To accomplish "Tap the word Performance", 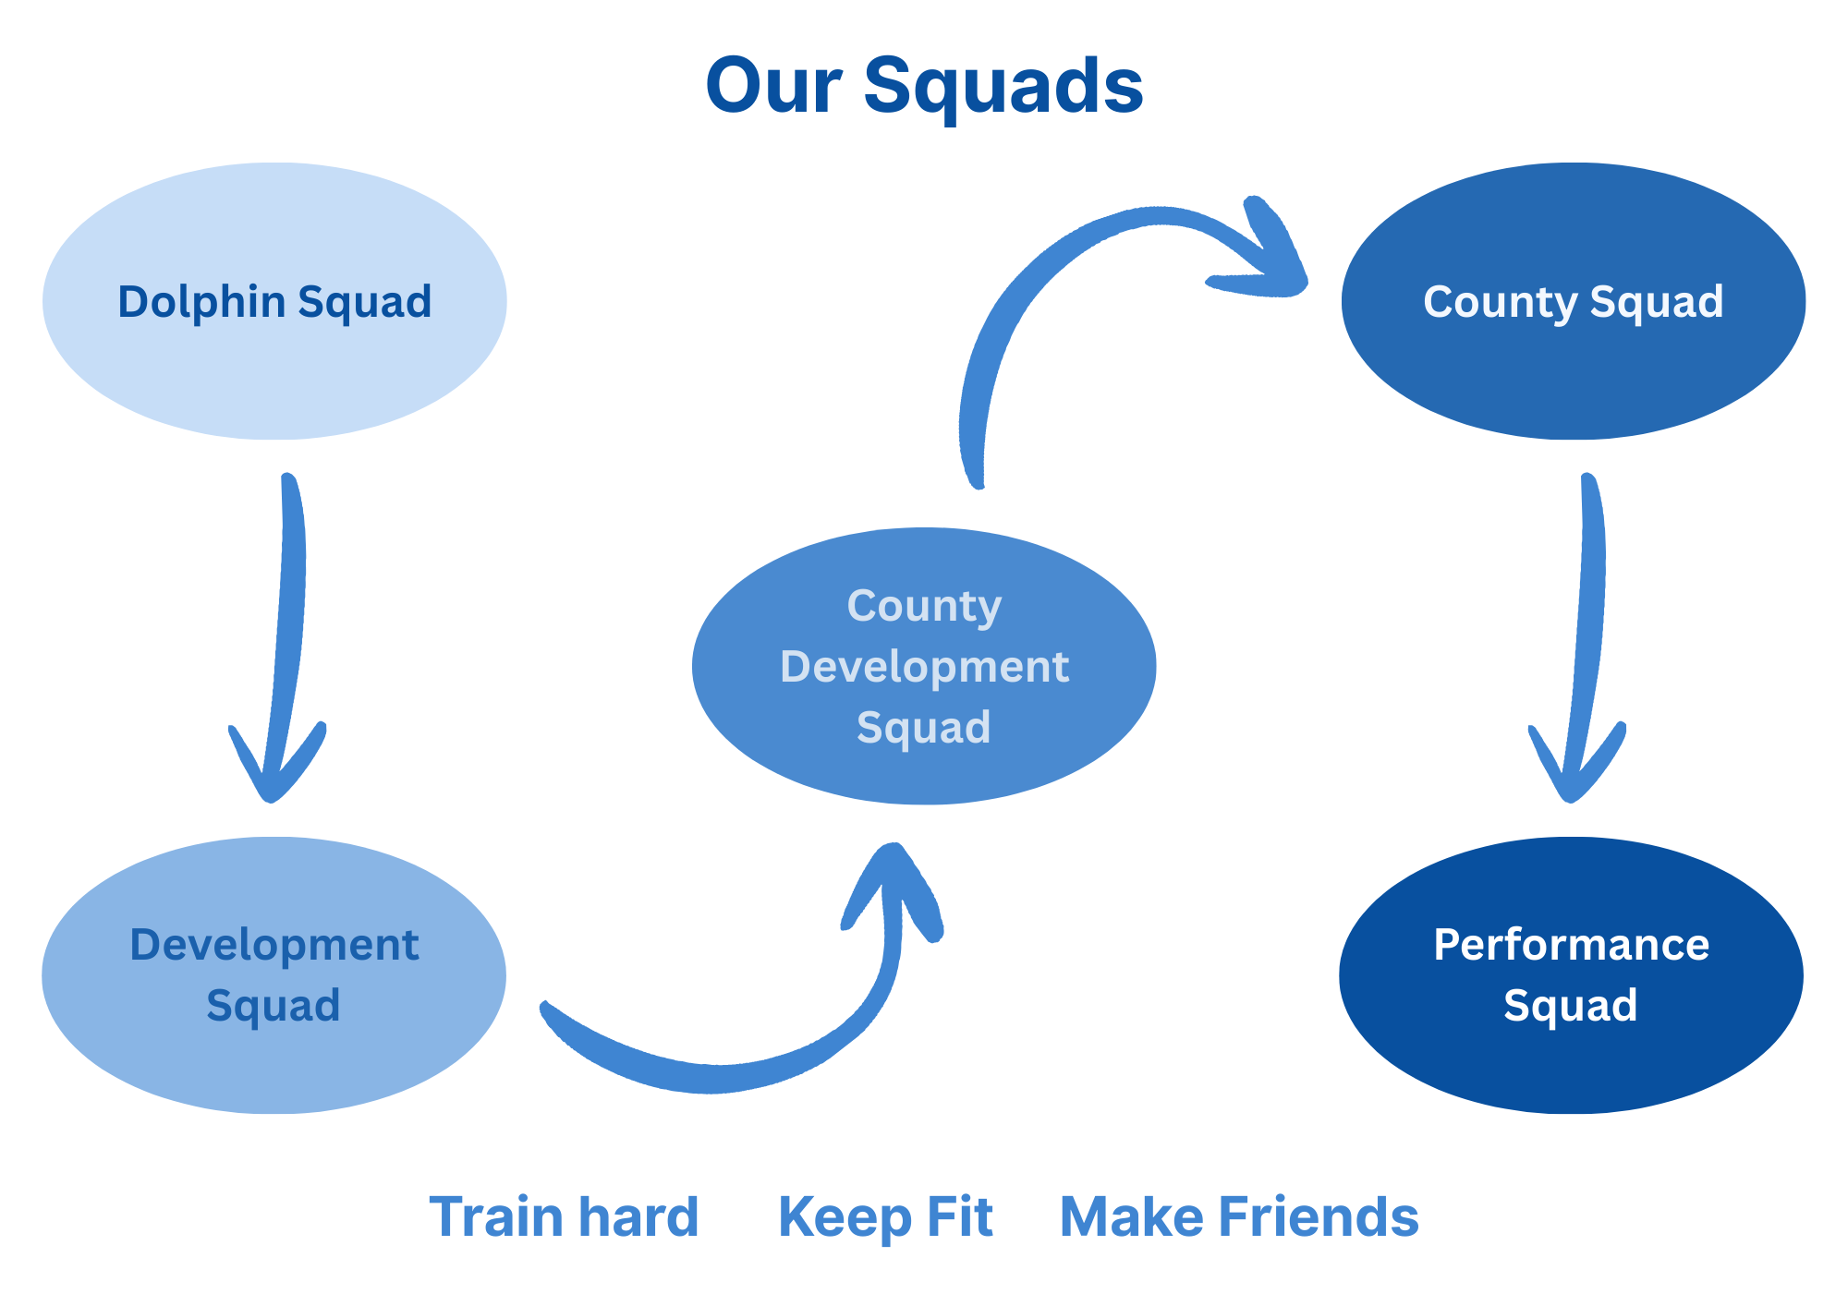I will pos(1571,945).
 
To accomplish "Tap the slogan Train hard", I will pos(564,1216).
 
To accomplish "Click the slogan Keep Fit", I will pos(885,1216).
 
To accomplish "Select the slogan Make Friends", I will pos(1238,1216).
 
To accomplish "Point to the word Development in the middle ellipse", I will pos(924,667).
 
